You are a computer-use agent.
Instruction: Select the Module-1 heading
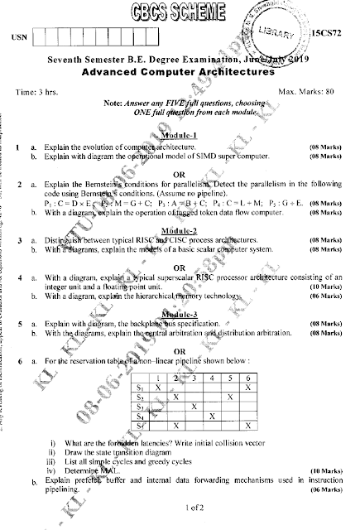[178, 135]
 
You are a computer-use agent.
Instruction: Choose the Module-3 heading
[178, 316]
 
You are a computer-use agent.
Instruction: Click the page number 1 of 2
[179, 506]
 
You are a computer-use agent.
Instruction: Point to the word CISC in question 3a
[176, 239]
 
